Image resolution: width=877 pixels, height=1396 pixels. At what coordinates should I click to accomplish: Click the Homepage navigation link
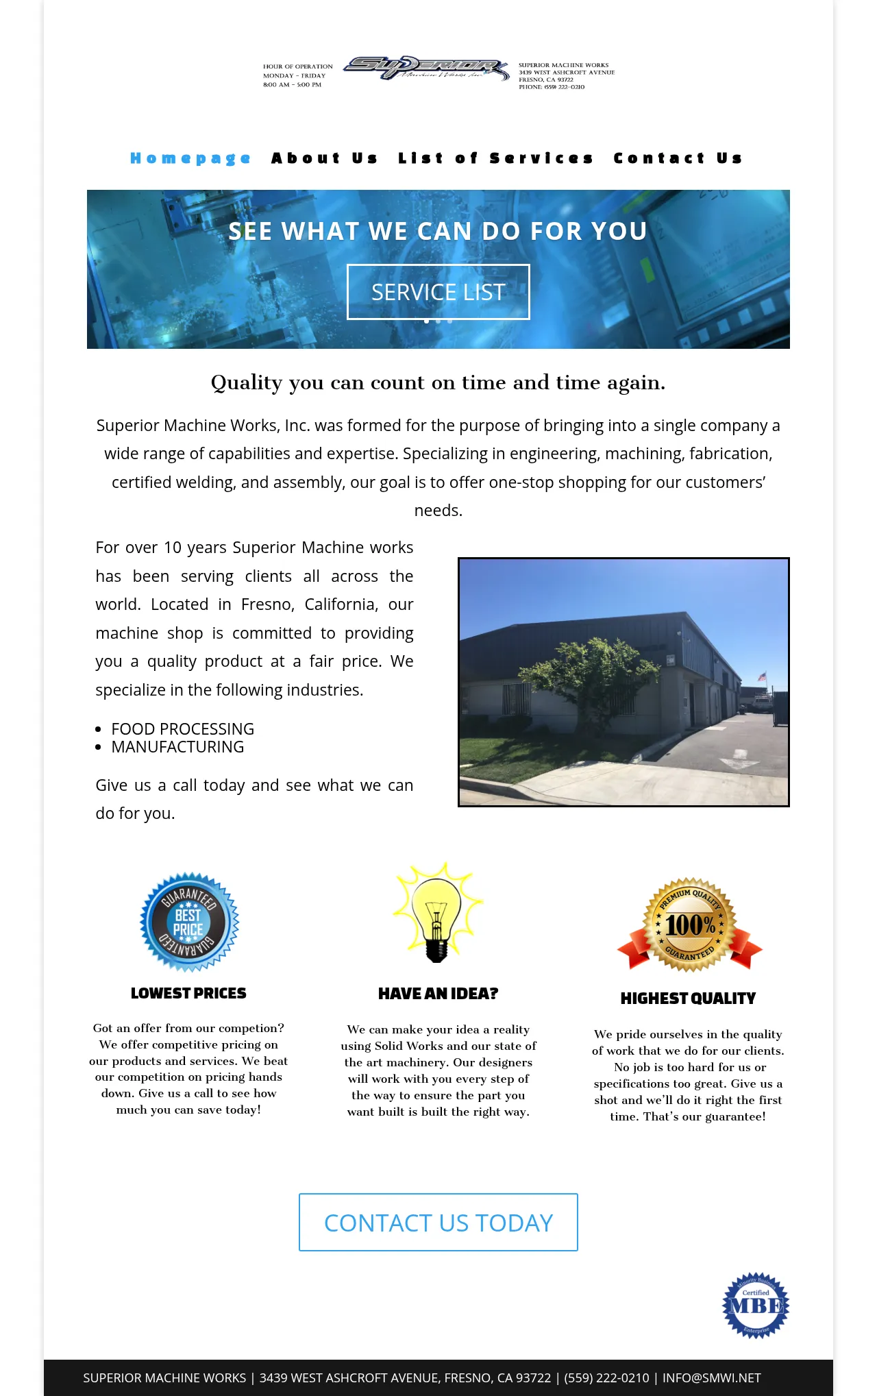click(x=190, y=158)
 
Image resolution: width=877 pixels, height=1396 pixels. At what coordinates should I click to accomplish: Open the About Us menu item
click(x=324, y=158)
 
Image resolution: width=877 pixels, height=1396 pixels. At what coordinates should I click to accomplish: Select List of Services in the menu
click(x=495, y=158)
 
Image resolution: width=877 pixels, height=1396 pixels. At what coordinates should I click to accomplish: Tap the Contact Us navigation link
click(x=678, y=158)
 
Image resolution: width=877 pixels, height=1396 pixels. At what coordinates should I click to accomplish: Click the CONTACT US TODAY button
click(x=438, y=1223)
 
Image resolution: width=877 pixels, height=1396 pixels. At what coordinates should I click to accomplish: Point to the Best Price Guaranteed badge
click(x=189, y=922)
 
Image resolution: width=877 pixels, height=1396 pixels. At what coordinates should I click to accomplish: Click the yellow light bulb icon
click(x=438, y=911)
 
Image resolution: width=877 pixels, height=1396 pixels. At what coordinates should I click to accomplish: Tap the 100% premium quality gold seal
click(x=690, y=924)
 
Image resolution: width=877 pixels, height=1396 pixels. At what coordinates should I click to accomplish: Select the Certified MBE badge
click(x=756, y=1306)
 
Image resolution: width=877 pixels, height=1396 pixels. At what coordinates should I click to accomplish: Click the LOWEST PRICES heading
click(x=188, y=994)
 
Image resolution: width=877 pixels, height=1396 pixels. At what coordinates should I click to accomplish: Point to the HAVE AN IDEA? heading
click(x=438, y=994)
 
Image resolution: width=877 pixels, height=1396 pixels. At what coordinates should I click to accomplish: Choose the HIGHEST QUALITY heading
click(x=688, y=999)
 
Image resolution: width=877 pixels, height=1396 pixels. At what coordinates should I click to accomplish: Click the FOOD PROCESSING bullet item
click(x=183, y=729)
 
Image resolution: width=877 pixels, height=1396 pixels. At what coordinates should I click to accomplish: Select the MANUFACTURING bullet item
click(x=178, y=747)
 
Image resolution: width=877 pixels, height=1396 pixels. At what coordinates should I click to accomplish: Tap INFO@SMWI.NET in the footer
click(x=711, y=1378)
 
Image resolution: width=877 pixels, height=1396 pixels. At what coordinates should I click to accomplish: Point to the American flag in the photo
click(x=762, y=677)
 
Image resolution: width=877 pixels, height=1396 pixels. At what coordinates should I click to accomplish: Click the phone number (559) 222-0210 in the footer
click(x=606, y=1378)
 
